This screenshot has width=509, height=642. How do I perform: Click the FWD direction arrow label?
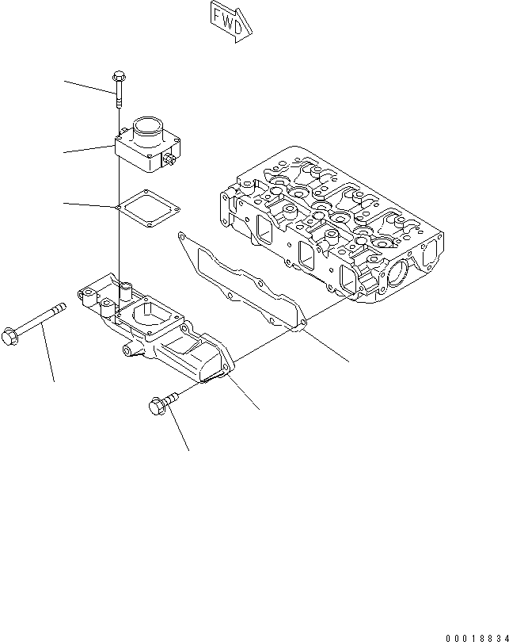point(232,18)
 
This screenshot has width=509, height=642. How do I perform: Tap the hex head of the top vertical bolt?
point(117,77)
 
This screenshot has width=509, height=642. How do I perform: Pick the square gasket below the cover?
point(147,208)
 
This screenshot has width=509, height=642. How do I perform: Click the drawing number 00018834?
point(477,636)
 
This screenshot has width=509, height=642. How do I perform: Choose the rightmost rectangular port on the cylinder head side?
point(347,278)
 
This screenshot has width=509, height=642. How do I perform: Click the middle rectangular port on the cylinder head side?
point(306,254)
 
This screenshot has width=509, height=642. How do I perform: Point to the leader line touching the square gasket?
point(89,206)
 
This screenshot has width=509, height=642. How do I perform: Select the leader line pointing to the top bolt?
point(89,86)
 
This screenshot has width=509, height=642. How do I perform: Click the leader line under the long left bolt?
point(49,357)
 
